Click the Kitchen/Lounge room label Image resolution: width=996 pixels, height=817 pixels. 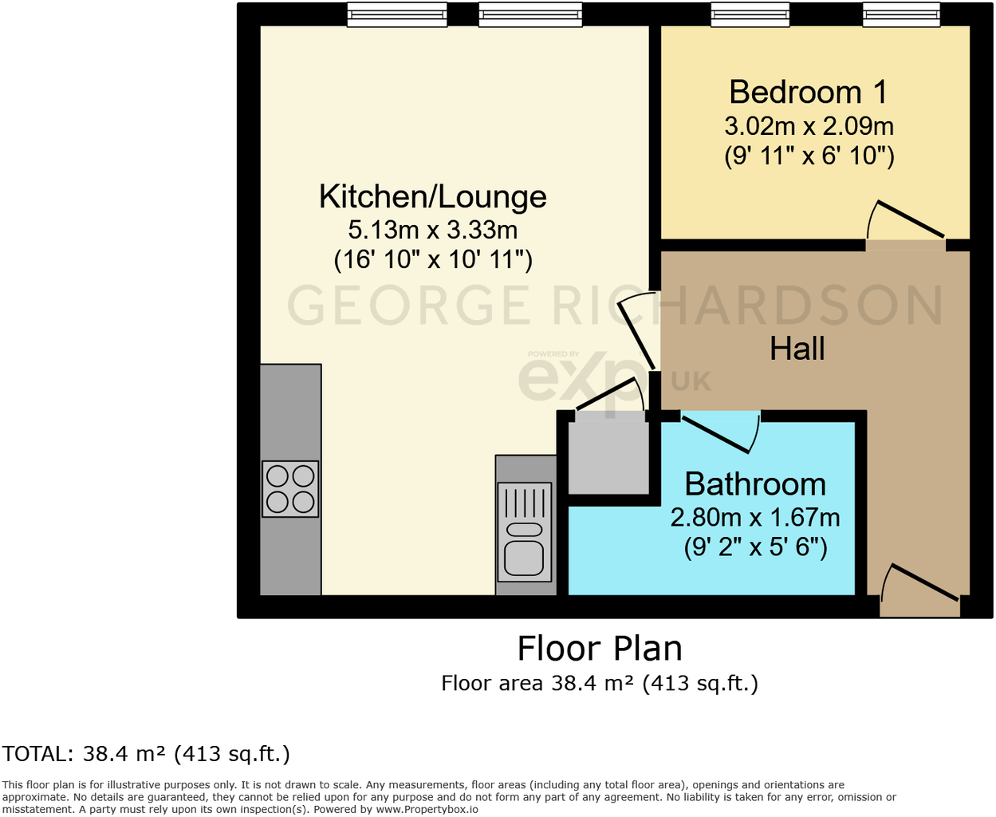pos(432,196)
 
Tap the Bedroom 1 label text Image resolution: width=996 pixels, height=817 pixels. pos(808,93)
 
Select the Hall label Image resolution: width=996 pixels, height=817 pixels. pos(797,349)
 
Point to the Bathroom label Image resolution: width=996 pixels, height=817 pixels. pos(754,484)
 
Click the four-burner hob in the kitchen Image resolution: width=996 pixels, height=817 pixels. pos(290,489)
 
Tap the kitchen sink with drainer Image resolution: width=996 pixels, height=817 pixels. pos(525,531)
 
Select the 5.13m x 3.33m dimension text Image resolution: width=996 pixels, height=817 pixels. pos(432,230)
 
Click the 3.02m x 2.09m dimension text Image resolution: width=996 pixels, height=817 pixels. pos(808,126)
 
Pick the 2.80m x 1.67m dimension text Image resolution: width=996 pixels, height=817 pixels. pos(754,517)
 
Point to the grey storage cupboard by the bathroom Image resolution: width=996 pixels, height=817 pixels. pos(608,456)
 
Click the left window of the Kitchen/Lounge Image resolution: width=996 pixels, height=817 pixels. pos(396,14)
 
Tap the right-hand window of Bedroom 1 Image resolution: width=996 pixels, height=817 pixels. pos(901,14)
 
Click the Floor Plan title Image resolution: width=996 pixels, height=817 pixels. pos(600,649)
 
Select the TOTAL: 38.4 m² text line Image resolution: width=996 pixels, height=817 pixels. pos(146,754)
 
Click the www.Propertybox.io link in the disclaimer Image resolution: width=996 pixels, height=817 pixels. pos(427,809)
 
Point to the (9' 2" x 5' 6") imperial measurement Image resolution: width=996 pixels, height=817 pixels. pos(754,547)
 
